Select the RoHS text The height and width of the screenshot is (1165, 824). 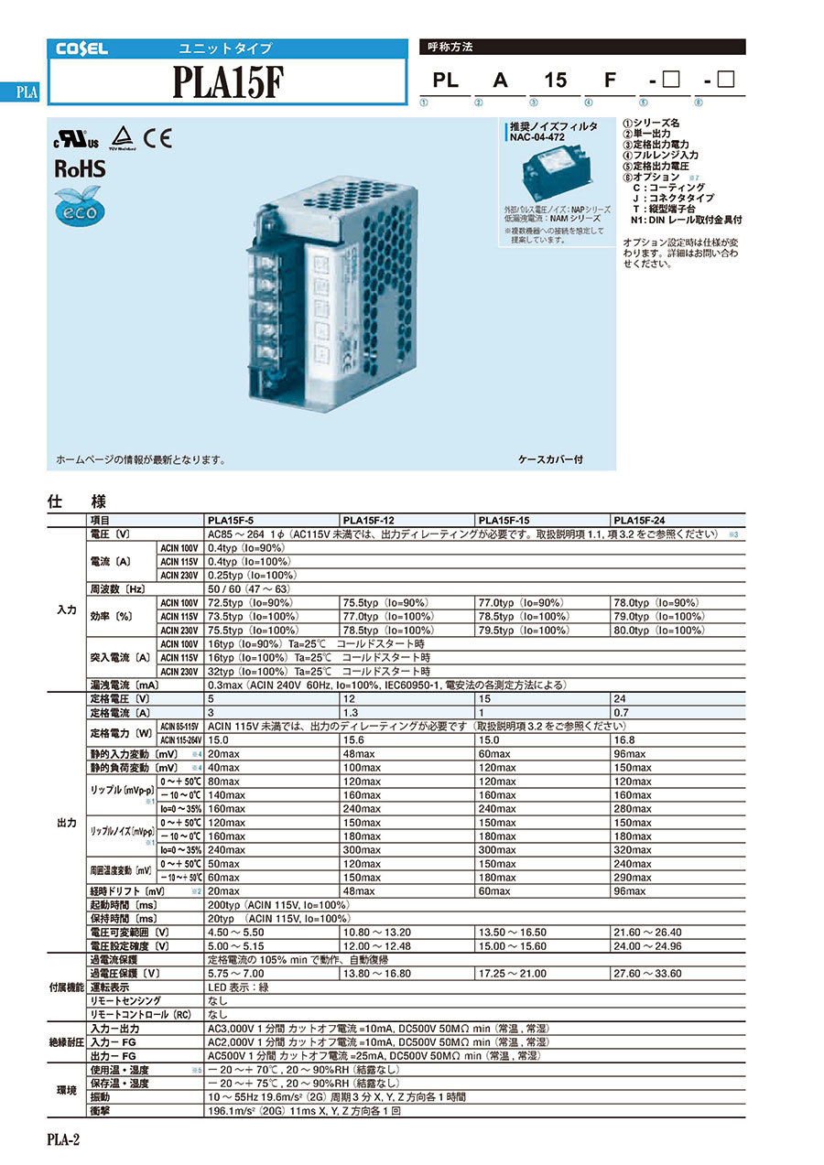pyautogui.click(x=81, y=169)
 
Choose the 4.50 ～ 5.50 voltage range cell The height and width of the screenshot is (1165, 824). pyautogui.click(x=235, y=933)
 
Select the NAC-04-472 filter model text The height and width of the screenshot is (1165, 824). pyautogui.click(x=540, y=137)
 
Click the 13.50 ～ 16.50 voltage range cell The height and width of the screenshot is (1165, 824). pyautogui.click(x=510, y=933)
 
